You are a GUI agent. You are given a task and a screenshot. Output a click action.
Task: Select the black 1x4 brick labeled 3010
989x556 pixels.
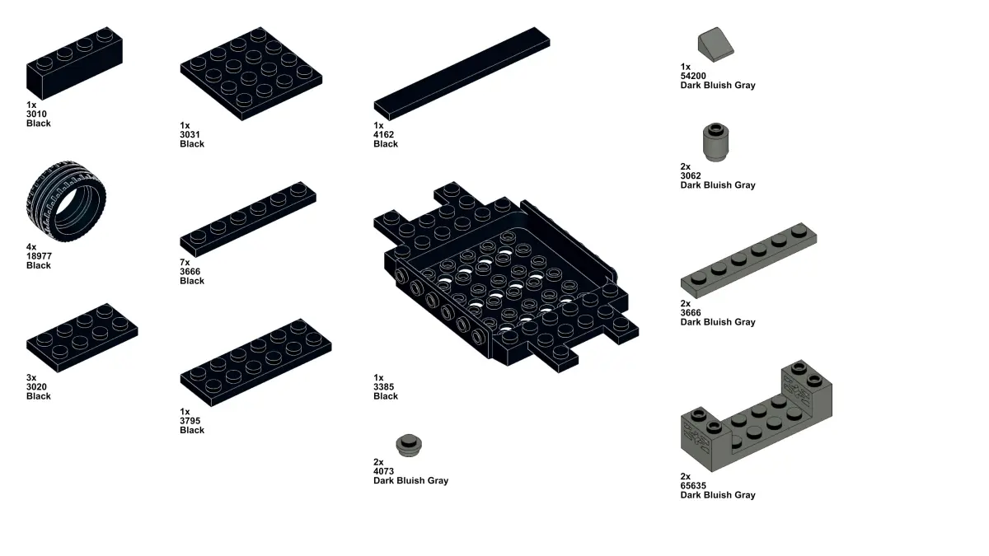[74, 63]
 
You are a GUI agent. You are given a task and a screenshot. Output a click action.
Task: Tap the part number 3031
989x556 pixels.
[190, 134]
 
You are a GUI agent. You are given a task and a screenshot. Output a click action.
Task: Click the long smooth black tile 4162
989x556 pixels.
[462, 73]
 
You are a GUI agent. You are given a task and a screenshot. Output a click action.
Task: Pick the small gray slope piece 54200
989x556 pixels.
[715, 44]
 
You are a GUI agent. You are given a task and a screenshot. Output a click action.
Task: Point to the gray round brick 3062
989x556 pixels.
[715, 142]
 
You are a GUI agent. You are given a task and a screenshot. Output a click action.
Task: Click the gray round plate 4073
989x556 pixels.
[409, 446]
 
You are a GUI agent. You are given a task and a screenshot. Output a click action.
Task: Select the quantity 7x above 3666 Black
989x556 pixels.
[185, 262]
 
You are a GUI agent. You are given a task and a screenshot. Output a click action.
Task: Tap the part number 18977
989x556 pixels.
[39, 256]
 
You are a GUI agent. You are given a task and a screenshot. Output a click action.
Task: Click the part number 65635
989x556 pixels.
[693, 485]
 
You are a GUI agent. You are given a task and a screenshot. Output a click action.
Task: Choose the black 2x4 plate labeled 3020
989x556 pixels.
[82, 338]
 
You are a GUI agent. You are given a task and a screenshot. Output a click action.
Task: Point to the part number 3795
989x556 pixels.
[190, 421]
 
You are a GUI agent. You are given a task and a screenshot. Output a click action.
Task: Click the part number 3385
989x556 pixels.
[384, 386]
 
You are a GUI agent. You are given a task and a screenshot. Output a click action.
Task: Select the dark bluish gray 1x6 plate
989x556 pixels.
[748, 260]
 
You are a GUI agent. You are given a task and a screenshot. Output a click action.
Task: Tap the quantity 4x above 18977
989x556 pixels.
[31, 246]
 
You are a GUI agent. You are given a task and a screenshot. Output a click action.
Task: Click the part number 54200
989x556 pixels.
[693, 76]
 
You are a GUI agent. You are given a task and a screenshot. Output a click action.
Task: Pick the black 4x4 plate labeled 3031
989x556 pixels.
[251, 73]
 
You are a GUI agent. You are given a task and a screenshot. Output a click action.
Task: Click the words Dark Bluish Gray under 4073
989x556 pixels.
[410, 480]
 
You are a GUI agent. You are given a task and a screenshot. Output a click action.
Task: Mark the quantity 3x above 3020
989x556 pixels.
[31, 377]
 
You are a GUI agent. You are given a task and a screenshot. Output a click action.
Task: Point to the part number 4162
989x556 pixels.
[384, 134]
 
